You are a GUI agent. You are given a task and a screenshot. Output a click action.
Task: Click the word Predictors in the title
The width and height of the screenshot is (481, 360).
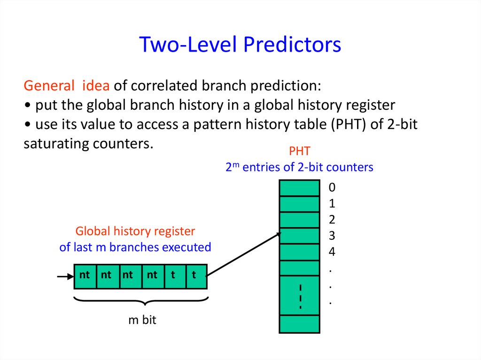click(292, 45)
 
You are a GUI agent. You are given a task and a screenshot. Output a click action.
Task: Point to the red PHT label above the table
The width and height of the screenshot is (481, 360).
click(299, 151)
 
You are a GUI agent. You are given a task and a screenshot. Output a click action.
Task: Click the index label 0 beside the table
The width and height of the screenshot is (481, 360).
click(332, 188)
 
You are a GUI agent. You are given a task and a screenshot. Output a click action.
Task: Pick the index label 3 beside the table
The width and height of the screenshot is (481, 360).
click(332, 236)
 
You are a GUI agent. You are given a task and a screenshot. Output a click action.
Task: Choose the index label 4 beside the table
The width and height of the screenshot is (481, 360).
click(332, 252)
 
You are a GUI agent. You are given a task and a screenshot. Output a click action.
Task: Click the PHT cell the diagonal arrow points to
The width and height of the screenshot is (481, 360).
click(299, 236)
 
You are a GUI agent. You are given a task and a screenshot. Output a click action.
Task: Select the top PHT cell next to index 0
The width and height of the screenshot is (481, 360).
click(299, 188)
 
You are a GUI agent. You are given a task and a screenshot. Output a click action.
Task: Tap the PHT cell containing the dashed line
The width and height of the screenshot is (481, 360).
click(299, 296)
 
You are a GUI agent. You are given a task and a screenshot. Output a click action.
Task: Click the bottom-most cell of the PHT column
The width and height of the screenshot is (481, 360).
click(299, 324)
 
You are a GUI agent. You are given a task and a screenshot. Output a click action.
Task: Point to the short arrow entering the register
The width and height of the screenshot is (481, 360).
click(65, 276)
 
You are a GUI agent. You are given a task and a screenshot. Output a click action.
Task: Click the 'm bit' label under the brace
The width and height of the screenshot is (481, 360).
click(142, 321)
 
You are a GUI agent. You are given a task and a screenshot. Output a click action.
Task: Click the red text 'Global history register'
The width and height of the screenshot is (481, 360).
click(135, 231)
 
